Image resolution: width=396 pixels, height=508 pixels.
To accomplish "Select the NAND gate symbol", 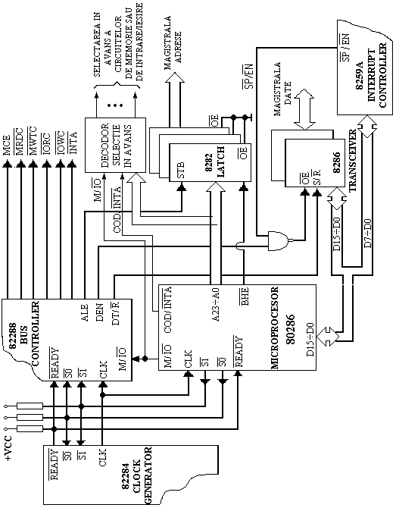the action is tap(279, 240).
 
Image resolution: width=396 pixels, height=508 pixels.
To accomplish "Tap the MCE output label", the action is tap(8, 145).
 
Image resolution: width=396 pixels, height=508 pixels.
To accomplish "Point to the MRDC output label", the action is tap(20, 141).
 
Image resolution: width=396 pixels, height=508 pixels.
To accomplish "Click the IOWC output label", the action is tap(61, 143).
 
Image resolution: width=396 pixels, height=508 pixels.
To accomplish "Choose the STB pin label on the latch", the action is tap(180, 169).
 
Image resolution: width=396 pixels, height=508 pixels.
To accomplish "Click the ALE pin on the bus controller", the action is tap(85, 312).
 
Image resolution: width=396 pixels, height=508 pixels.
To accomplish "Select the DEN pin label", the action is tap(100, 312).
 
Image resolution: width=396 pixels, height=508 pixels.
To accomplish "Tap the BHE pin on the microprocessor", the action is tap(245, 296).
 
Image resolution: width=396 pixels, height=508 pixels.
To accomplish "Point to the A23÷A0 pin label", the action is tap(216, 305).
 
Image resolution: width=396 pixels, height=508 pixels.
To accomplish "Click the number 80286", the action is tap(291, 329).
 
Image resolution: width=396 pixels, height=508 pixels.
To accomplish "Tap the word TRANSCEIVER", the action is tap(353, 161).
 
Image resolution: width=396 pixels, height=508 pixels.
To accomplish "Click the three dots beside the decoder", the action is tap(116, 105).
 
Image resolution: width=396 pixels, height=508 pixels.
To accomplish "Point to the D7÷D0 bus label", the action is tap(368, 234).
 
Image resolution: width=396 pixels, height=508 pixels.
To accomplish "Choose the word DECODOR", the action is tap(105, 145).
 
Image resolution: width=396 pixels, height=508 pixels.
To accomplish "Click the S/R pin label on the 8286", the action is tap(317, 177).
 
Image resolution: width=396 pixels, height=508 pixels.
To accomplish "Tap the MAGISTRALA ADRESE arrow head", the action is tap(175, 78).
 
